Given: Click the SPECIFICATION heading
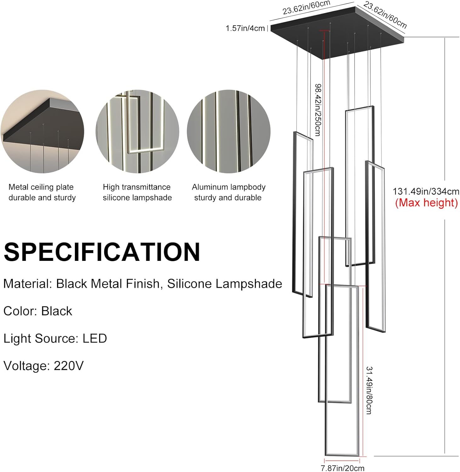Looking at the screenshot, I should pos(102,252).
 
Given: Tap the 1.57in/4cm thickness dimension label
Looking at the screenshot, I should pos(245,28).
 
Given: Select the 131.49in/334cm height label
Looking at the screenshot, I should pos(426,191).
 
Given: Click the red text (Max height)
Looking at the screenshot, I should pos(426,203).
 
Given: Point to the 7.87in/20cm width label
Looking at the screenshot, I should pos(342,468).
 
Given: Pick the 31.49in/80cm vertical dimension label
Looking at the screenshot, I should pos(369,390).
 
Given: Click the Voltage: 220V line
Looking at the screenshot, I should pos(43,366).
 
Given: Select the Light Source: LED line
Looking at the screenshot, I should pos(55,339).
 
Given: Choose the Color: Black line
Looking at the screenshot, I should pos(38,311).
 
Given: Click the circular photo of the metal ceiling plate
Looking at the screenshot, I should pos(42,132).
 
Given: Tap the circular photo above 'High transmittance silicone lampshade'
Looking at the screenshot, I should pos(137,132).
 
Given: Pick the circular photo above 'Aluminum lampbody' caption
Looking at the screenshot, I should pos(229,132).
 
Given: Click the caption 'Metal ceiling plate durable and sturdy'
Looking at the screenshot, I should pos(42,192).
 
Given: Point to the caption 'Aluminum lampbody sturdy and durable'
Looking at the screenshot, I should pos(229,192).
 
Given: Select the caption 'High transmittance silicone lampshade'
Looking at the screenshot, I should pos(137,192).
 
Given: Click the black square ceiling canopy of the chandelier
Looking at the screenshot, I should pos(337,31).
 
